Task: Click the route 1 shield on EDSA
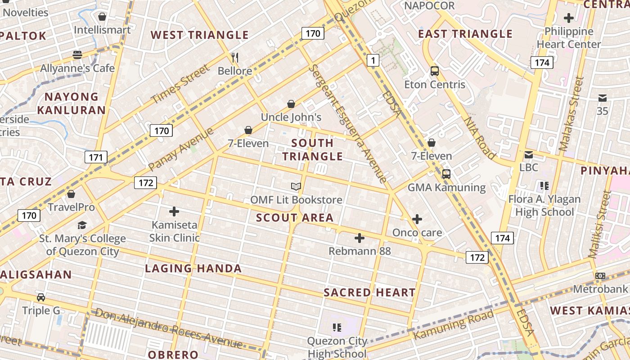(x=373, y=60)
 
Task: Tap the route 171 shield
(x=96, y=157)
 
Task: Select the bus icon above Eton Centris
(x=434, y=71)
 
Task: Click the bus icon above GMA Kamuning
(x=446, y=174)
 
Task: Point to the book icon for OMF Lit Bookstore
(x=296, y=186)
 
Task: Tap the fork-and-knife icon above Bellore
(x=234, y=57)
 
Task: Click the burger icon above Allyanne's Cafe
(x=77, y=55)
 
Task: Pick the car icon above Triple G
(x=41, y=297)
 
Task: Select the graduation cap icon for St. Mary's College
(x=82, y=225)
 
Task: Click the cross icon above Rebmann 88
(x=359, y=238)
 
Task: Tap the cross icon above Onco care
(x=417, y=219)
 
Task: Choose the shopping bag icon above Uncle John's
(x=291, y=104)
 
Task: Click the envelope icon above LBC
(x=528, y=155)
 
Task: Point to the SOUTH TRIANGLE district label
(x=312, y=149)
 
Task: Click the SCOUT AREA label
(x=295, y=218)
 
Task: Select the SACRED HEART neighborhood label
(x=369, y=292)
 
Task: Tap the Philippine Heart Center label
(x=569, y=38)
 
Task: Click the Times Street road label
(x=180, y=84)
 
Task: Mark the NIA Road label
(x=480, y=138)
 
